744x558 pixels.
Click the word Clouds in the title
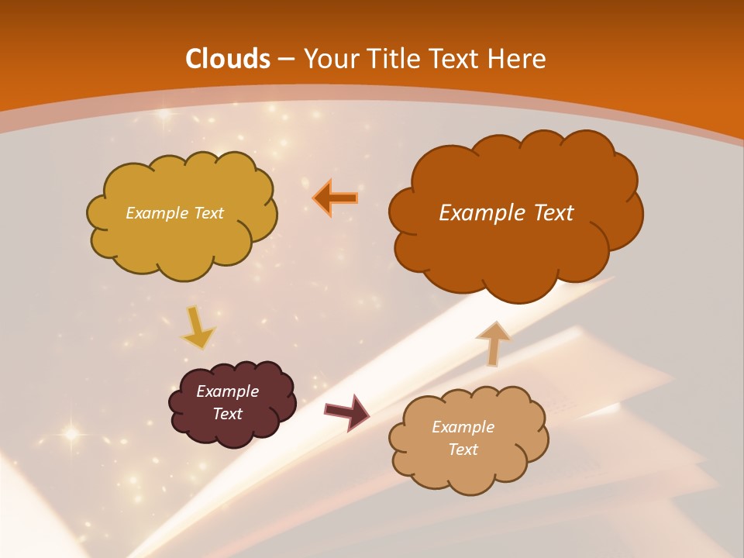pos(228,59)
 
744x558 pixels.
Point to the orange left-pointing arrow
pos(336,198)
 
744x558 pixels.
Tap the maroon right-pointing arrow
pos(346,412)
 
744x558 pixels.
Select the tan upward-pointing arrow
pos(493,343)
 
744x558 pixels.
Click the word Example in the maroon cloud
pos(227,391)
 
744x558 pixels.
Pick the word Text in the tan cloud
pos(463,449)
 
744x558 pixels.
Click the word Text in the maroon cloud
pos(227,414)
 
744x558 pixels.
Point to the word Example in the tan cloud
pos(463,427)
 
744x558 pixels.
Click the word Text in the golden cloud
pos(208,213)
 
